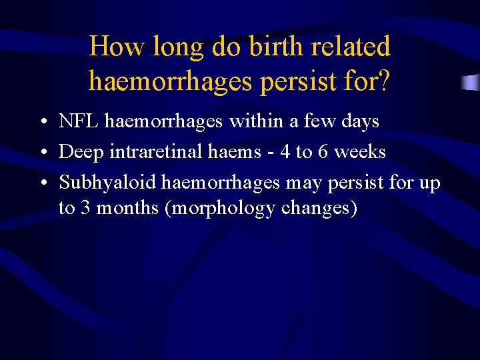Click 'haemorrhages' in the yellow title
tap(171, 81)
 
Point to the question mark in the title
tap(385, 81)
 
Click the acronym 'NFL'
tap(79, 121)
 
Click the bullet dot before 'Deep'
tap(42, 153)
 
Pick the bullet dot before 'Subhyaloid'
tap(42, 183)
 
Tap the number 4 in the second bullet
tap(285, 152)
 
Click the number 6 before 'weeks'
tap(323, 152)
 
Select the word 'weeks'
tap(360, 152)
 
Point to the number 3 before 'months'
tap(85, 208)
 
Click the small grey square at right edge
tap(471, 83)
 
